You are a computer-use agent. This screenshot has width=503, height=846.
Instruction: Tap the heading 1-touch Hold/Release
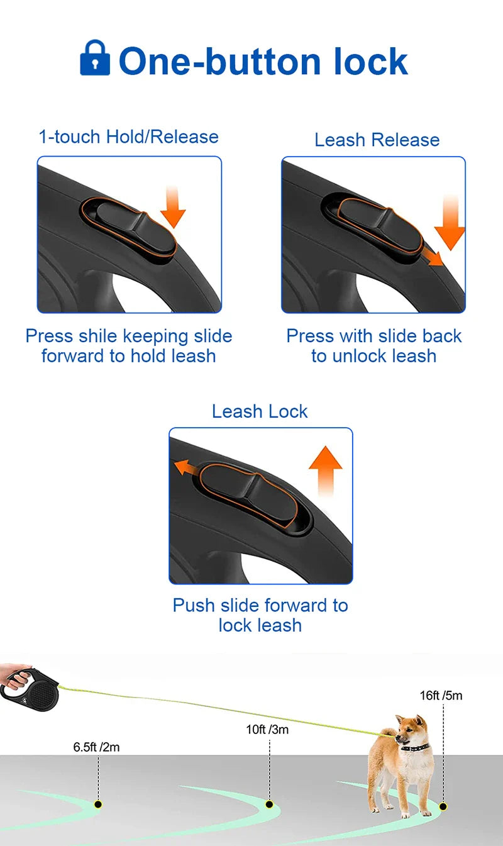pyautogui.click(x=128, y=136)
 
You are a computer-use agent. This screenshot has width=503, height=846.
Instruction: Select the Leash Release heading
pyautogui.click(x=377, y=140)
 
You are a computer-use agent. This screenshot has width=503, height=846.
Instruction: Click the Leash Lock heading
pyautogui.click(x=260, y=411)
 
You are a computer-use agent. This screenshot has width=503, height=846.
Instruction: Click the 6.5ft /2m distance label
pyautogui.click(x=96, y=747)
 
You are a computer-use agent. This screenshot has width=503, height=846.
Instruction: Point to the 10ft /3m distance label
pyautogui.click(x=267, y=730)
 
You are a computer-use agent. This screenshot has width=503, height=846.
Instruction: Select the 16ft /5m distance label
pyautogui.click(x=441, y=696)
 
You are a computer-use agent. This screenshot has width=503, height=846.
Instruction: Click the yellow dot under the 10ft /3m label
pyautogui.click(x=269, y=804)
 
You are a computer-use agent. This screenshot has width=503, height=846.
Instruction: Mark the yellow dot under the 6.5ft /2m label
pyautogui.click(x=97, y=804)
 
